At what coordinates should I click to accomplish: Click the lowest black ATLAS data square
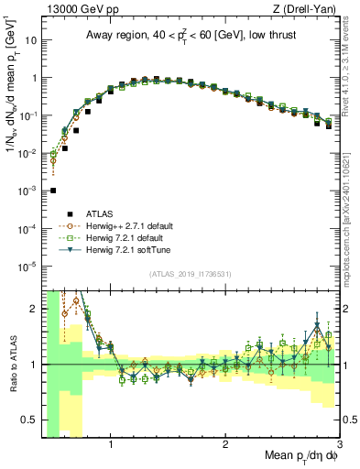tap(53, 191)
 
